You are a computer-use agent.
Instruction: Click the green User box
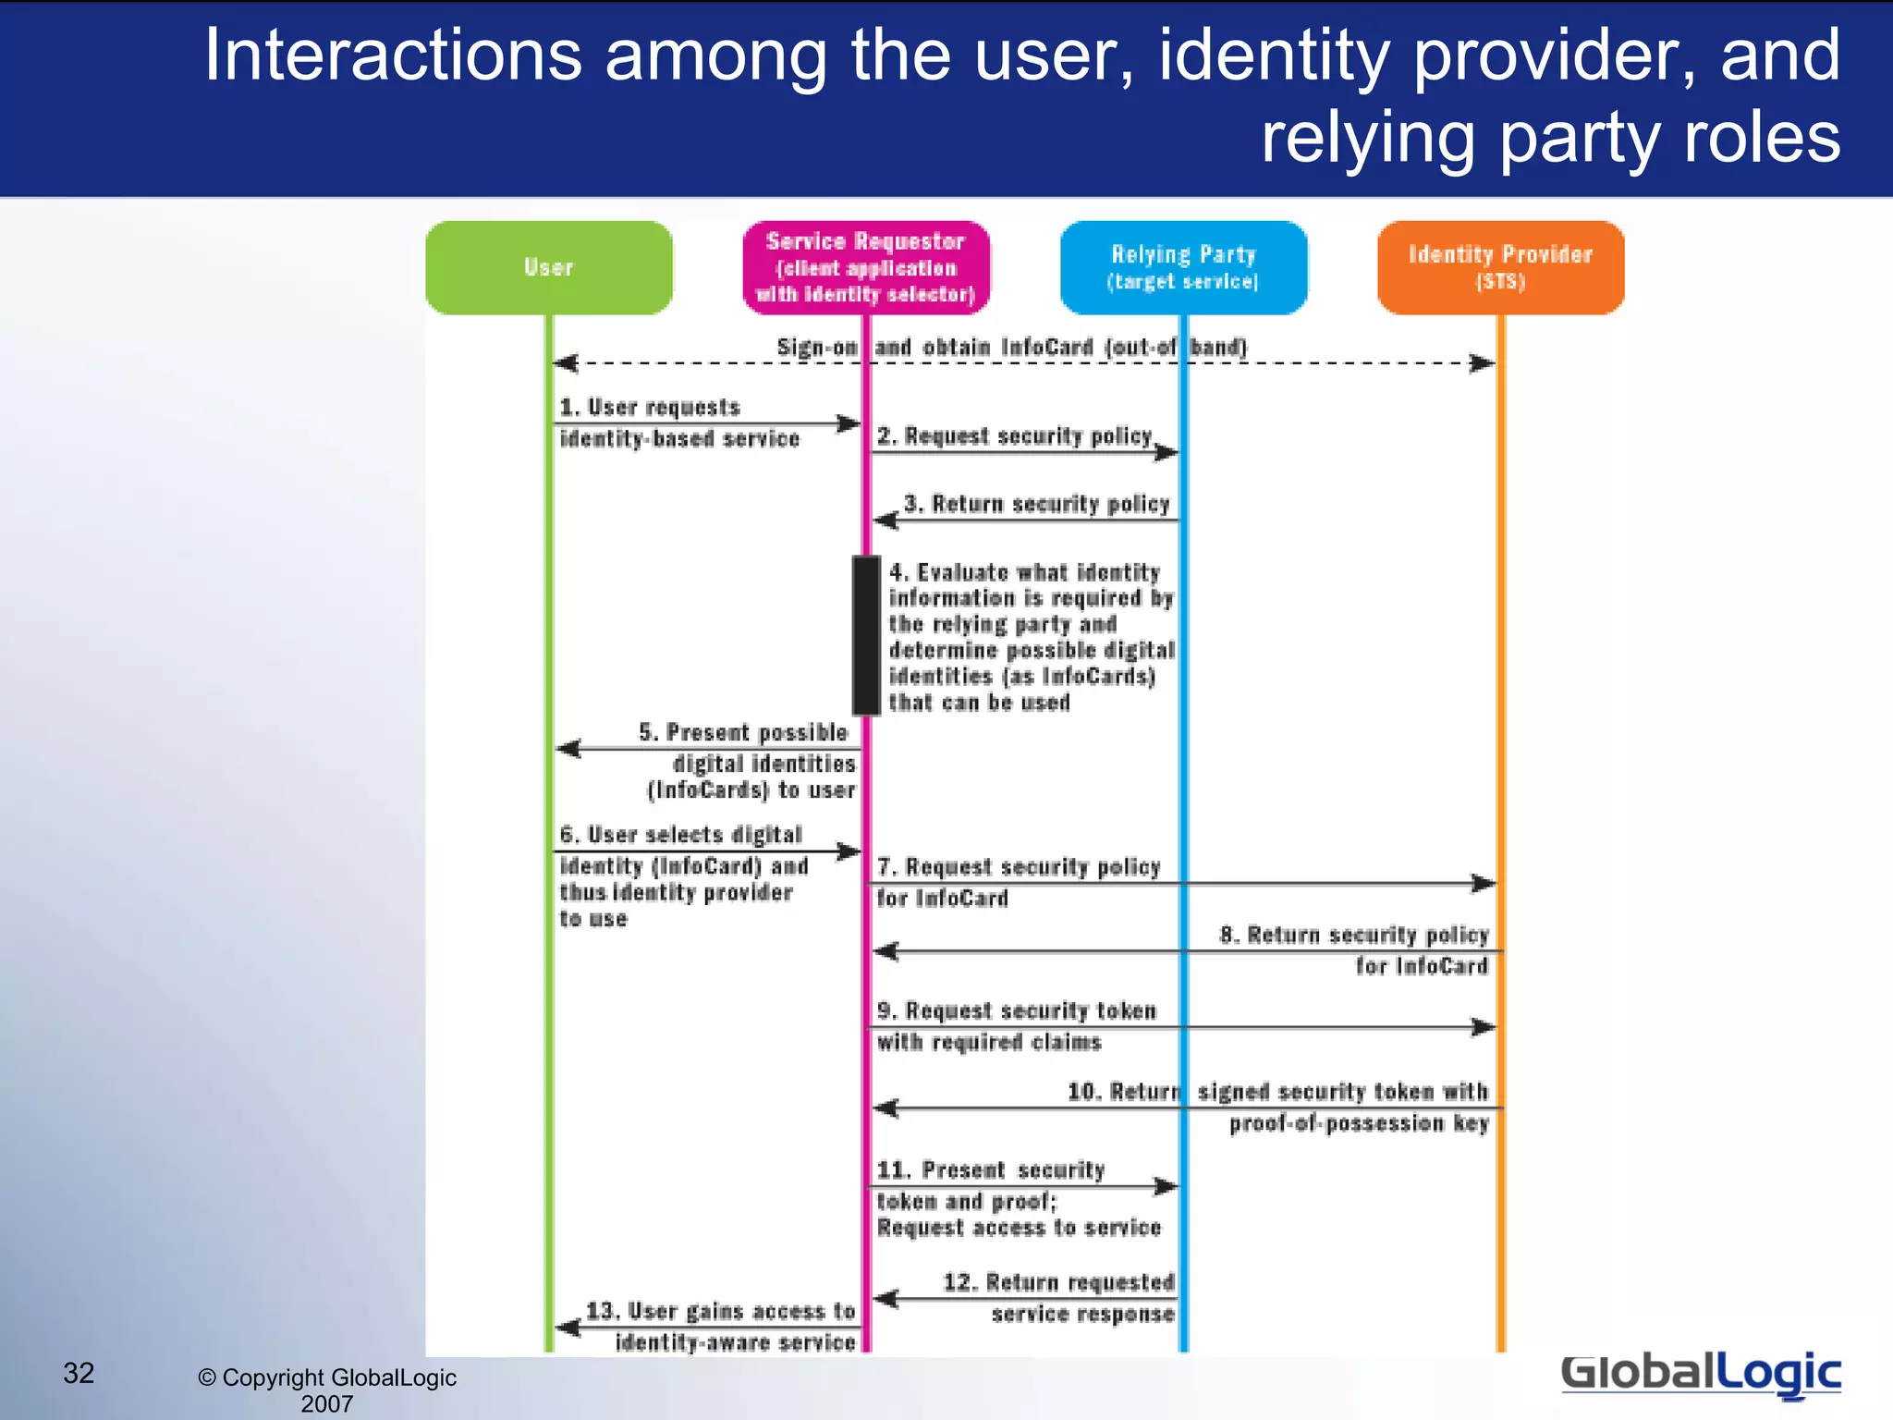[x=549, y=267]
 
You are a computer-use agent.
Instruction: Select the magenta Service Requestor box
[x=866, y=267]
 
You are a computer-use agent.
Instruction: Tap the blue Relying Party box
[x=1183, y=267]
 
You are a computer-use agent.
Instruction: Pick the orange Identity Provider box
[x=1500, y=267]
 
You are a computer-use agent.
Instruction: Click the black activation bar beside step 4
[x=866, y=635]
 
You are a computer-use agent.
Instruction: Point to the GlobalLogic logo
[x=1701, y=1374]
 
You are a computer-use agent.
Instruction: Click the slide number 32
[x=79, y=1373]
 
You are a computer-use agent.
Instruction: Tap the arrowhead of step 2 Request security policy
[x=1167, y=452]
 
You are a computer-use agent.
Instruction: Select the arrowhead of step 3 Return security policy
[x=885, y=520]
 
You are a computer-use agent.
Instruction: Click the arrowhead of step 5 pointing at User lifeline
[x=568, y=748]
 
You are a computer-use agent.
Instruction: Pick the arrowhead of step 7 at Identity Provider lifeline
[x=1484, y=883]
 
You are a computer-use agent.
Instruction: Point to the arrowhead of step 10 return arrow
[x=885, y=1108]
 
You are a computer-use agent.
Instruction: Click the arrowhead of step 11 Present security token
[x=1167, y=1186]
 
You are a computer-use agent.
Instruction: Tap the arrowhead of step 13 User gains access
[x=568, y=1328]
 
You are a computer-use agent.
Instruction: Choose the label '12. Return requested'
[x=1058, y=1282]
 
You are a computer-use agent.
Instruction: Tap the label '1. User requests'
[x=650, y=408]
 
